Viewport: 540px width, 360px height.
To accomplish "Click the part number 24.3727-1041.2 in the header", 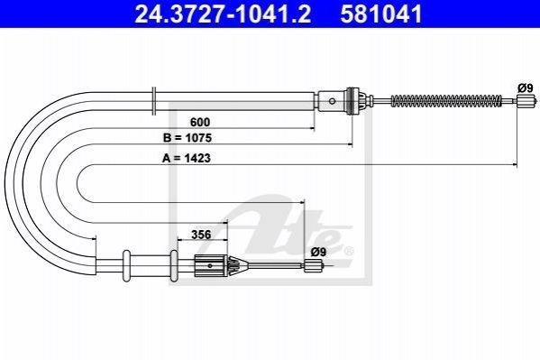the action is [x=223, y=14].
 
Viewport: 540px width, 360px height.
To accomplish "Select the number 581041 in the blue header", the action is [x=381, y=14].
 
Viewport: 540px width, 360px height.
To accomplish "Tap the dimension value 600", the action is [x=200, y=122].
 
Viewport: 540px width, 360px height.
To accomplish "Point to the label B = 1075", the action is [x=188, y=138].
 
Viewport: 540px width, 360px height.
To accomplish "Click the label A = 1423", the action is [x=187, y=158].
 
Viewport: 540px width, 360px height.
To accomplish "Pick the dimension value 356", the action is [x=201, y=235].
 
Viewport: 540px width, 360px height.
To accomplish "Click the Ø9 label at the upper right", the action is [x=526, y=88].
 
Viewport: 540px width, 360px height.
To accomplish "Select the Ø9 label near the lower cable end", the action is [x=318, y=252].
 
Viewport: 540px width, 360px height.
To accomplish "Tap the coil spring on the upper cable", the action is [x=446, y=101].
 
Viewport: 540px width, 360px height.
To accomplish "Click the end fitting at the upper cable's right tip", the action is [x=526, y=101].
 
